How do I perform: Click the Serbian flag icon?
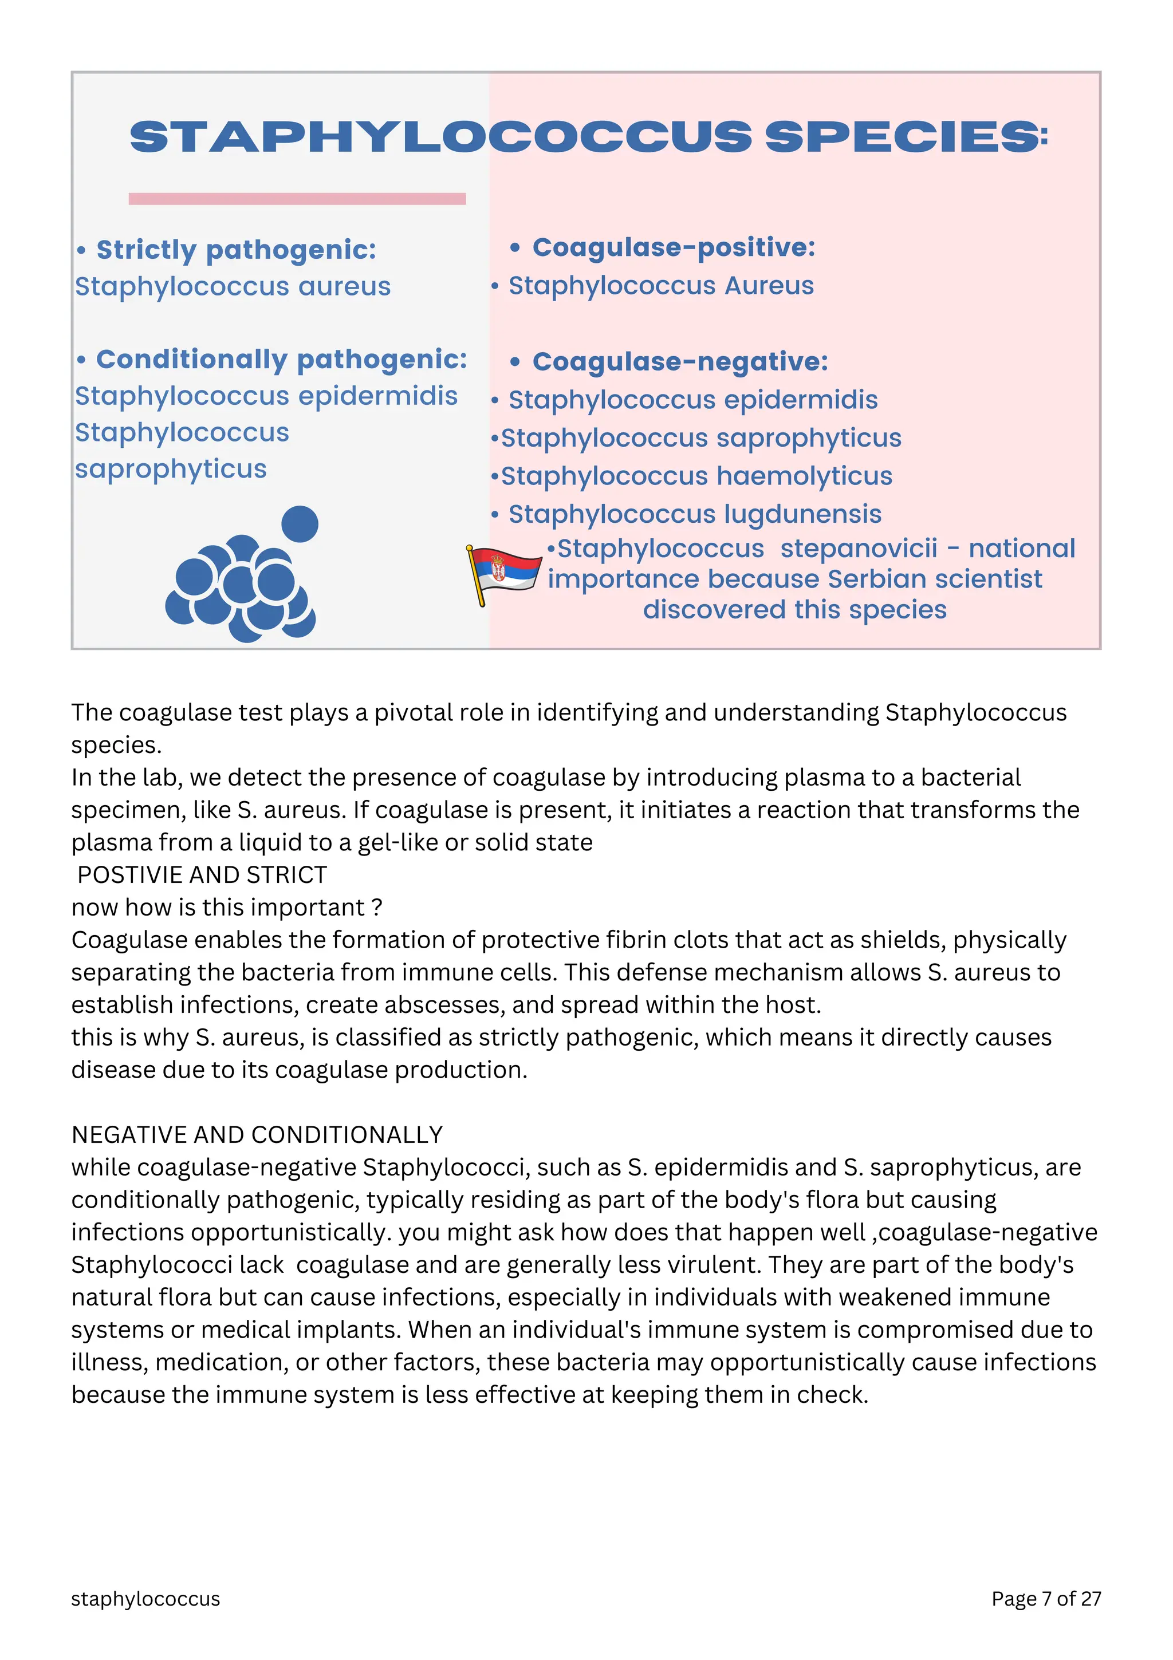(504, 573)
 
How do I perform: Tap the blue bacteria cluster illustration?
(242, 578)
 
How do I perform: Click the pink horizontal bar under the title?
(297, 199)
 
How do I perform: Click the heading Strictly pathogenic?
(237, 250)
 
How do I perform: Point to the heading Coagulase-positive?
(674, 248)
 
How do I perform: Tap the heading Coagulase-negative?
(680, 361)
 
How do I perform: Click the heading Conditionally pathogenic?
(281, 360)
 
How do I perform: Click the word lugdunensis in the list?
(803, 515)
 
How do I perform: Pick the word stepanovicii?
(859, 549)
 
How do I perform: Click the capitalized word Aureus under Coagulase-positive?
(769, 286)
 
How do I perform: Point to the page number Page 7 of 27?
(1046, 1599)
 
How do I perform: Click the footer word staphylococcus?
(145, 1599)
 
